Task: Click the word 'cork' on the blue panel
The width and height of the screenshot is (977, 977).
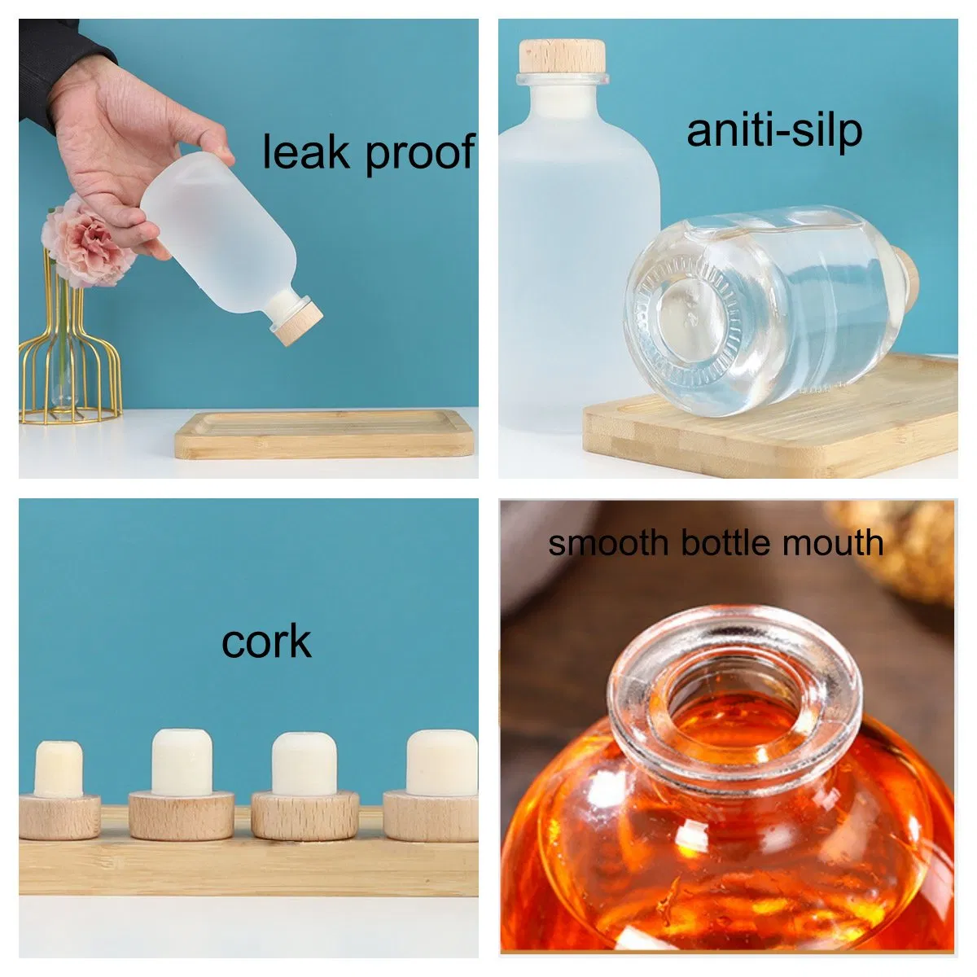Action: [x=266, y=642]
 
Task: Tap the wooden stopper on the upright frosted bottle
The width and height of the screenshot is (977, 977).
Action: [x=562, y=57]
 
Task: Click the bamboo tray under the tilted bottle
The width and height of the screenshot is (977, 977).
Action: [x=325, y=435]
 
